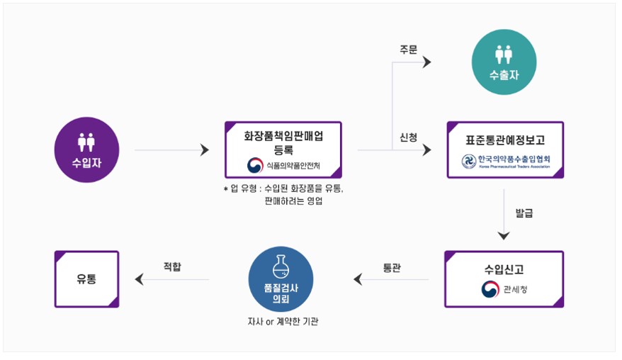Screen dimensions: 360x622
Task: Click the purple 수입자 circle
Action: coord(86,150)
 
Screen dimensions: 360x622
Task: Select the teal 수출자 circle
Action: coord(504,64)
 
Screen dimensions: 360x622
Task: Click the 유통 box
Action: coord(87,279)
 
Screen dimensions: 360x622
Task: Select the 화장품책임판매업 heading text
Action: coord(283,135)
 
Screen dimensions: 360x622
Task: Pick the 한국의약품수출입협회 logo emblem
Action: coord(469,162)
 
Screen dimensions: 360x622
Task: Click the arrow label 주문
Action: coord(409,50)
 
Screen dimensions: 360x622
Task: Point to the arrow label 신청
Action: coord(409,137)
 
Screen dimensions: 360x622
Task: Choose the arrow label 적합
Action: coord(171,267)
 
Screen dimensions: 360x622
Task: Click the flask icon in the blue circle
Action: coord(281,266)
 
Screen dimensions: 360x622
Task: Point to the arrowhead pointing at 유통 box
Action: coord(138,279)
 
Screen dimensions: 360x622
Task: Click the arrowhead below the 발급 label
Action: coord(504,236)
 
